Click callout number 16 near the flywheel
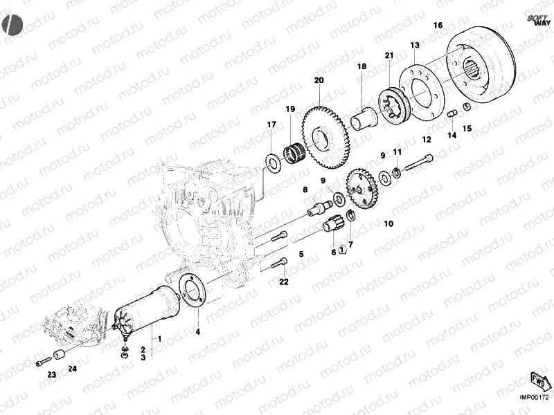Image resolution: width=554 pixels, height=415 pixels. point(438,26)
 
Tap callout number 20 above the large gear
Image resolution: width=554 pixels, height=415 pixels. point(319,81)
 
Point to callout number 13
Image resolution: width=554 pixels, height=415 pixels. point(415,46)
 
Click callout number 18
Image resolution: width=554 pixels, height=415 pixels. point(361,66)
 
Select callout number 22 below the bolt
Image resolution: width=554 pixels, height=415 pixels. point(283,282)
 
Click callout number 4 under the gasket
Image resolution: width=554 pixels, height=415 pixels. point(197,332)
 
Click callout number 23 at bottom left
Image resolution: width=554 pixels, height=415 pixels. point(51,375)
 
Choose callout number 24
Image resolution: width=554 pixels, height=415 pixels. point(73,371)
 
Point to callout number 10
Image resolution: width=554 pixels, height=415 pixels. point(388,223)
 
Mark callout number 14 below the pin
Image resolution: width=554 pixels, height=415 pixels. point(452,136)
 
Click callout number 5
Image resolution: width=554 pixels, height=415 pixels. point(301,255)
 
